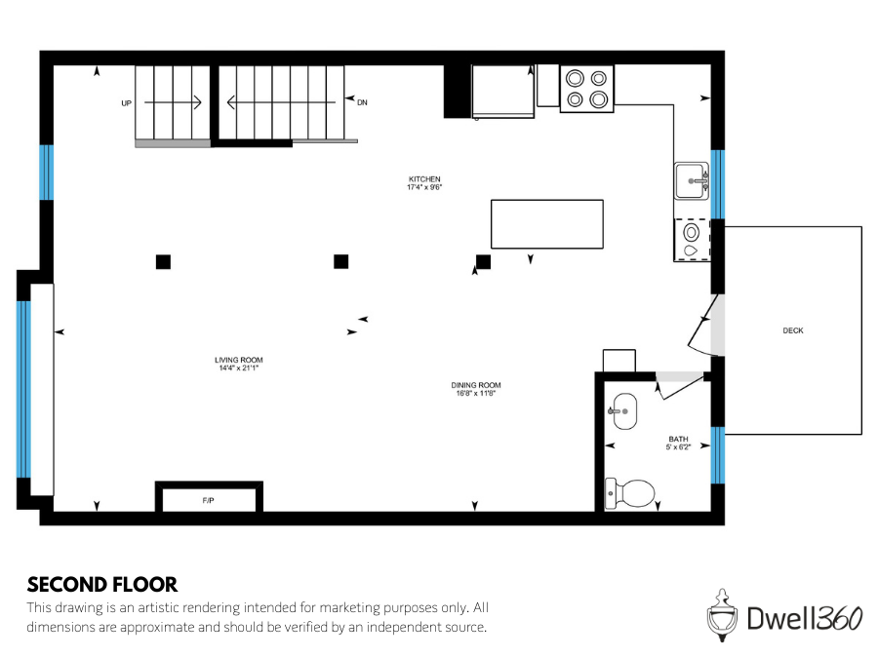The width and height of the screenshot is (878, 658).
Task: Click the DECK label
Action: click(x=793, y=330)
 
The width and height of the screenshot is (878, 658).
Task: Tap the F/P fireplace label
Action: click(x=209, y=500)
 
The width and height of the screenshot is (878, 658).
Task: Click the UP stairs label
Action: click(x=126, y=102)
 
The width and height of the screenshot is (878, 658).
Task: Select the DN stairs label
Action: click(x=362, y=102)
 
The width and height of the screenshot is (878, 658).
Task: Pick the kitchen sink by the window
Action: click(x=693, y=180)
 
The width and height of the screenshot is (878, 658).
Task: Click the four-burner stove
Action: click(x=586, y=88)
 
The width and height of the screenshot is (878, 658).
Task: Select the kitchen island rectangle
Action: click(x=546, y=224)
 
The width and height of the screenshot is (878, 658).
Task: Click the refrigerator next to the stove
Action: click(x=503, y=91)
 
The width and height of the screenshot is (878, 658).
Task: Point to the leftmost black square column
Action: click(x=163, y=261)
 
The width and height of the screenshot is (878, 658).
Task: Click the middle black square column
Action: click(x=341, y=261)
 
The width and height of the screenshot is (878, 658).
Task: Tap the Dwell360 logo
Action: click(x=784, y=616)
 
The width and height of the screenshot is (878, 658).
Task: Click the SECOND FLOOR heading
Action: click(x=102, y=585)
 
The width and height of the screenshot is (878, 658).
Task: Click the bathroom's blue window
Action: click(x=718, y=455)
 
